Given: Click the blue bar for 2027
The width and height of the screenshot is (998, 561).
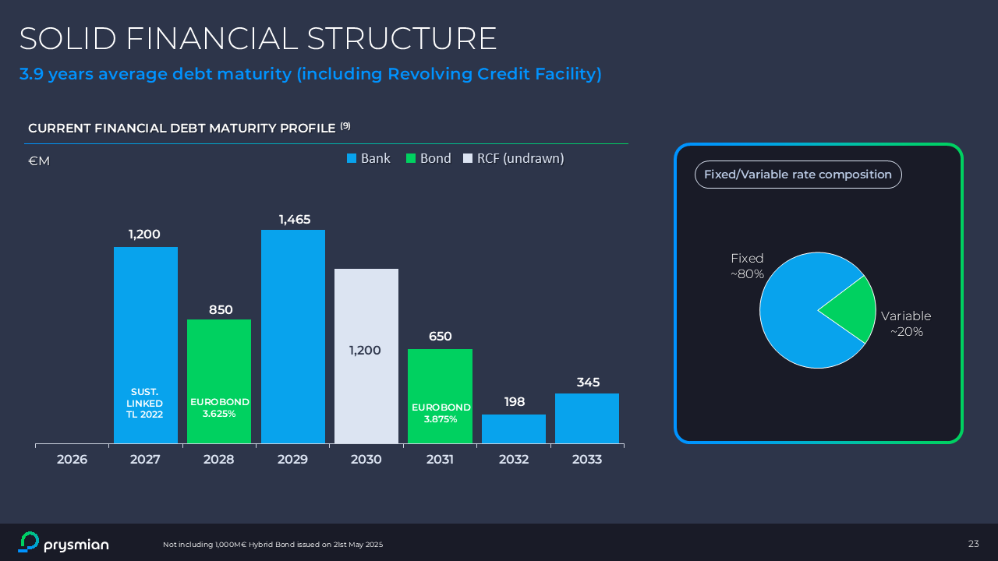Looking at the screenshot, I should pyautogui.click(x=146, y=327).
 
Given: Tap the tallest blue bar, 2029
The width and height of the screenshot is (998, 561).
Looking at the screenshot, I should pyautogui.click(x=293, y=335).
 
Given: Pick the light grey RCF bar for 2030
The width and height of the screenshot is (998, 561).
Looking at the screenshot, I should pyautogui.click(x=366, y=312).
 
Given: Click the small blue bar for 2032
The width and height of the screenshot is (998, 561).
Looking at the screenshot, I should pyautogui.click(x=514, y=429).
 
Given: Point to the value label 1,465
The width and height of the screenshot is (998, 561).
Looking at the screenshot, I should pyautogui.click(x=295, y=220).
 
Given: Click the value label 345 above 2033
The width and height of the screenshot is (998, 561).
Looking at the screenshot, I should pyautogui.click(x=588, y=383).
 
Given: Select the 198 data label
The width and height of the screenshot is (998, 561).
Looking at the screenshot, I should pyautogui.click(x=515, y=402).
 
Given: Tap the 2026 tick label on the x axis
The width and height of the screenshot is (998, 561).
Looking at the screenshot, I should pyautogui.click(x=72, y=460).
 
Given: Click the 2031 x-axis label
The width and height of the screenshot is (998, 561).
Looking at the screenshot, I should pyautogui.click(x=440, y=460).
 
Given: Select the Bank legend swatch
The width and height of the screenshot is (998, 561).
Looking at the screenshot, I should pyautogui.click(x=352, y=159).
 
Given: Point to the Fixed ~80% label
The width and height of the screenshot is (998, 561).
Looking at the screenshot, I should pyautogui.click(x=747, y=266).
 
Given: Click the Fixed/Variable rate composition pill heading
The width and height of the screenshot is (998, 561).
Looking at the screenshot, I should pyautogui.click(x=798, y=175).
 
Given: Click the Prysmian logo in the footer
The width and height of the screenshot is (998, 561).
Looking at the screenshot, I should pyautogui.click(x=63, y=543).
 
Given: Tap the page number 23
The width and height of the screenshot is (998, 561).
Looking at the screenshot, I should pyautogui.click(x=973, y=544).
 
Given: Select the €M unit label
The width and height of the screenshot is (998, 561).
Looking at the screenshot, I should pyautogui.click(x=39, y=161).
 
